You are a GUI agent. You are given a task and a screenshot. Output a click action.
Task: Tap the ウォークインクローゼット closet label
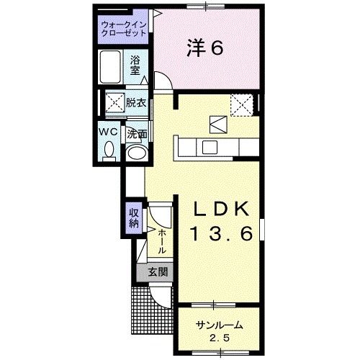point(125,30)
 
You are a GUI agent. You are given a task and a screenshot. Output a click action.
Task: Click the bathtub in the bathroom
point(111,68)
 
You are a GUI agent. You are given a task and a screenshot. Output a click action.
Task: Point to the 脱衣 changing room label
point(136,102)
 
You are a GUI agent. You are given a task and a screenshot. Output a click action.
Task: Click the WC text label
point(108,132)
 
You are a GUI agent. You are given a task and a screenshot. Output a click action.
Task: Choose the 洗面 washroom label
point(138,133)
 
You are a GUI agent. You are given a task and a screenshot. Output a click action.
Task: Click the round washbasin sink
point(135,153)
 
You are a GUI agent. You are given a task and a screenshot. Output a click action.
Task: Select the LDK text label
point(223,209)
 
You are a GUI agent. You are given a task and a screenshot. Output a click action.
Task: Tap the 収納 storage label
point(134,217)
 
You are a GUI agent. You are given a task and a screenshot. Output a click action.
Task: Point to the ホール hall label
point(162,240)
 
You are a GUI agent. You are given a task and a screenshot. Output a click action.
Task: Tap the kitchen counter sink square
point(210,147)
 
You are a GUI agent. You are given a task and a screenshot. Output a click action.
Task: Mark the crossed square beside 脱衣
point(113,102)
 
